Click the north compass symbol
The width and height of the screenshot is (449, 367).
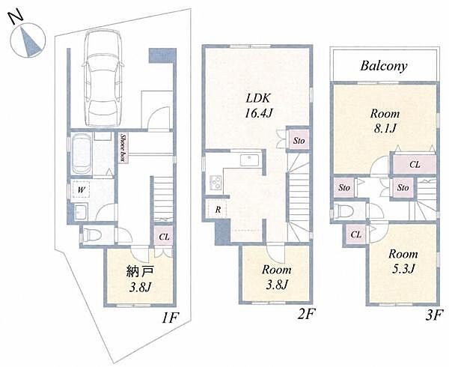pos(28,40)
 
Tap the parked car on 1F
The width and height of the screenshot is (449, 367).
pos(103,79)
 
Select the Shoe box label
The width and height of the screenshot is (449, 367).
pos(123,148)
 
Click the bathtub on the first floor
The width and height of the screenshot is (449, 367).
pos(82,154)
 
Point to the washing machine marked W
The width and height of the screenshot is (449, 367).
pos(81,189)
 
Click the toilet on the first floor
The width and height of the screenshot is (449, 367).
pos(91,235)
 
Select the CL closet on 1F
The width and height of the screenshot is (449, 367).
pos(164,236)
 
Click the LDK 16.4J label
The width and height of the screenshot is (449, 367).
pos(258,106)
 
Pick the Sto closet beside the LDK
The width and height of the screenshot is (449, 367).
pos(299,140)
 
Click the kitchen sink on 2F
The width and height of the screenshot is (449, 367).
pos(249,160)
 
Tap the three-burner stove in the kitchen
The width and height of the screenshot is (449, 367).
pos(216,182)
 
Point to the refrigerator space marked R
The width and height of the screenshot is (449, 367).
pos(218,209)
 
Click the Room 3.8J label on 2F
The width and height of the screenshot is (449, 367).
pos(276,277)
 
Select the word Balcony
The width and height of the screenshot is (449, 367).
pos(384,66)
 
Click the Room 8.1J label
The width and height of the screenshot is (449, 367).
pos(385,121)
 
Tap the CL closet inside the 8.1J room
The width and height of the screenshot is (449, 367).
pos(415,164)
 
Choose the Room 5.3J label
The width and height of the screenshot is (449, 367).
pos(403,261)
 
